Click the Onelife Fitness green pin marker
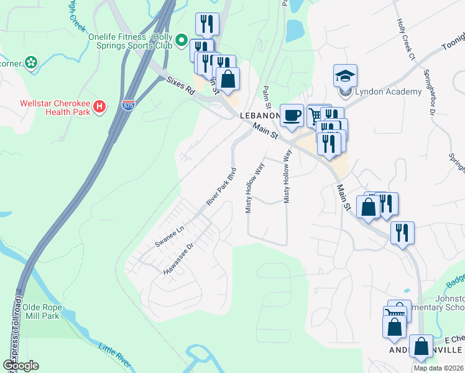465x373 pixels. pyautogui.click(x=182, y=40)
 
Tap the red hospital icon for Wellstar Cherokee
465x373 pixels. pyautogui.click(x=99, y=108)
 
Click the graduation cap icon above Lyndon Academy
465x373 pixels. pyautogui.click(x=345, y=76)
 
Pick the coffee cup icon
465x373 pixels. pyautogui.click(x=292, y=115)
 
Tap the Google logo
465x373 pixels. pyautogui.click(x=21, y=366)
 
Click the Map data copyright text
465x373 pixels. pyautogui.click(x=438, y=368)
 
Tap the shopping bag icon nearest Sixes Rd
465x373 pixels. pyautogui.click(x=229, y=80)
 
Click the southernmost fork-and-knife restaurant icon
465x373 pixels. pyautogui.click(x=402, y=233)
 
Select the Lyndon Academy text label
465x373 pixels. pyautogui.click(x=380, y=92)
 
